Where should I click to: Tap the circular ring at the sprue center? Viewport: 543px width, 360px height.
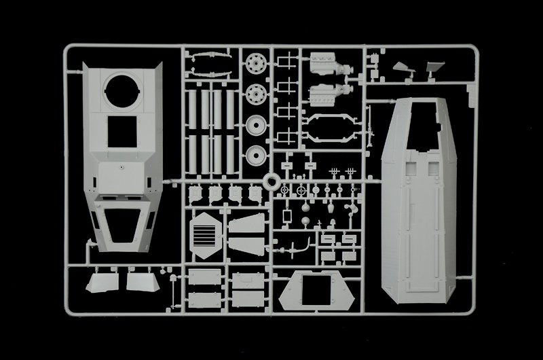[x=271, y=182]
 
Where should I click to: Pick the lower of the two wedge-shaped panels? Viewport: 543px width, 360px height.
[x=246, y=246]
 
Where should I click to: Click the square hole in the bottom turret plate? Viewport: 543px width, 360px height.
[x=316, y=285]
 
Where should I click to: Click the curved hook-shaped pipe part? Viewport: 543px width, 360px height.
[x=299, y=246]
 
